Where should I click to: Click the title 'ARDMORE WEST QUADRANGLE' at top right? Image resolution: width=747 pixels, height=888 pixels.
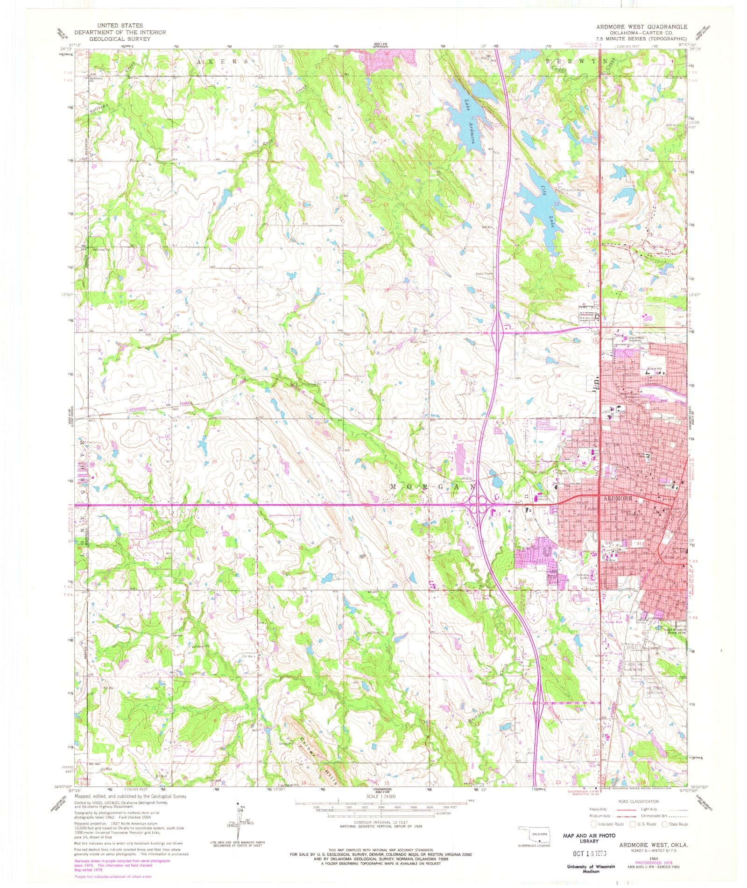click(x=641, y=27)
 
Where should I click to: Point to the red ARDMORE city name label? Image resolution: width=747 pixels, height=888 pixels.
click(x=618, y=498)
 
